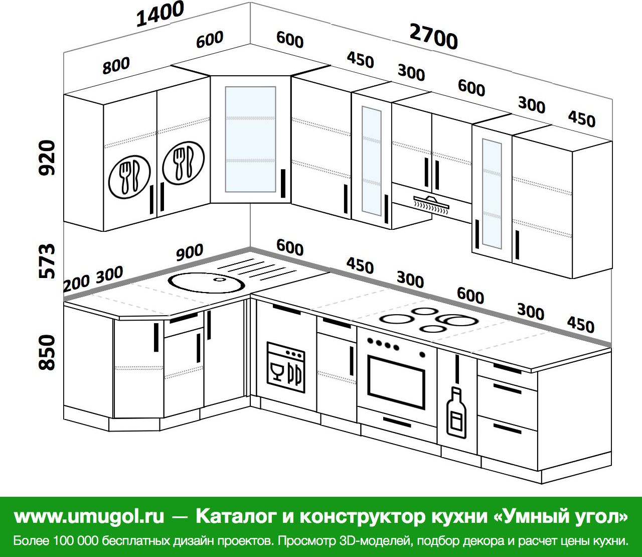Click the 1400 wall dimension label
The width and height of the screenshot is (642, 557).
click(x=160, y=14)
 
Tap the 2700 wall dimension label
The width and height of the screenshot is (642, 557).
click(x=433, y=37)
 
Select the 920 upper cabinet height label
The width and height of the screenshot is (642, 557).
click(x=47, y=158)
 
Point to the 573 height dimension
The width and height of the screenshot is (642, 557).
click(x=47, y=261)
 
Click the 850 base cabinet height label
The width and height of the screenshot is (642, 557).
click(x=47, y=352)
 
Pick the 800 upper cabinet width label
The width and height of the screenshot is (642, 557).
click(x=116, y=66)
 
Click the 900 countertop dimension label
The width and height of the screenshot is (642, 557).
click(x=190, y=252)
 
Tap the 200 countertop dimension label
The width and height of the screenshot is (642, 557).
click(x=76, y=283)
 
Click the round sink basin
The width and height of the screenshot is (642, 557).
click(x=207, y=283)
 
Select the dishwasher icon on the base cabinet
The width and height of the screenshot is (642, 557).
click(x=286, y=368)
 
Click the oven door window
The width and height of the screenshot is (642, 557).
click(x=396, y=382)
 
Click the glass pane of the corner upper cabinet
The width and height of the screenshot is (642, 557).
click(x=250, y=140)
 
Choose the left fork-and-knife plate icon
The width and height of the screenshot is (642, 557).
click(x=129, y=177)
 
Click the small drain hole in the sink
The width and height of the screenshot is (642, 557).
click(x=220, y=280)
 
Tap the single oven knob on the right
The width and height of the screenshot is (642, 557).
click(x=422, y=354)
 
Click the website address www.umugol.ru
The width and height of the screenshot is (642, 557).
click(x=89, y=516)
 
